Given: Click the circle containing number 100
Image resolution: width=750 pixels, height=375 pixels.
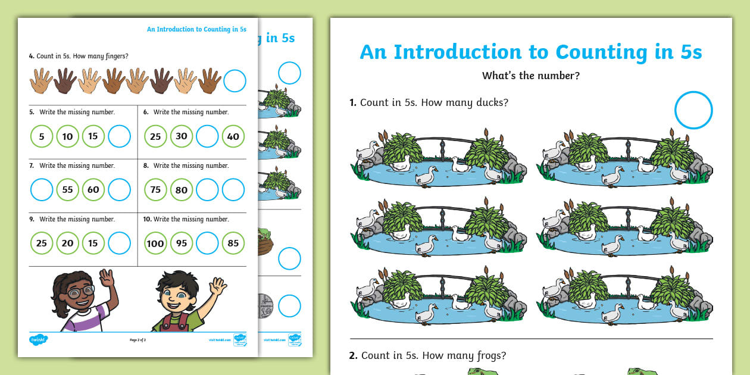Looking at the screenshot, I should (155, 243).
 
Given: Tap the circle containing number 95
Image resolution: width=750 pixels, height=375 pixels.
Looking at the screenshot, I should (182, 243).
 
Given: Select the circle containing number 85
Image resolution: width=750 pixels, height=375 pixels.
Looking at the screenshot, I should (233, 243).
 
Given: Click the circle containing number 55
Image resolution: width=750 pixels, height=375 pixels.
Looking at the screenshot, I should (67, 190).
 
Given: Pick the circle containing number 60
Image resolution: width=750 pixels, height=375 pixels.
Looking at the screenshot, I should (93, 190).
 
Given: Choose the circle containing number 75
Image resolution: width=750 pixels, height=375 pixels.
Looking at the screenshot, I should (155, 190).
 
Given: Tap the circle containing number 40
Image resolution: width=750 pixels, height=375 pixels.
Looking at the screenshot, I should (233, 136).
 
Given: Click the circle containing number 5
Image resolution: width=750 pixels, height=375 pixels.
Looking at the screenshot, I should (42, 136).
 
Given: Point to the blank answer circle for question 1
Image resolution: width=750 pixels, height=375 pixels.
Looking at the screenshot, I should (693, 110).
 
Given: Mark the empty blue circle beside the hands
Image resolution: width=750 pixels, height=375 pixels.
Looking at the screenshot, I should (235, 81).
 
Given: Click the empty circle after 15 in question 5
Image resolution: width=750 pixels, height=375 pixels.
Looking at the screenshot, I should (120, 136).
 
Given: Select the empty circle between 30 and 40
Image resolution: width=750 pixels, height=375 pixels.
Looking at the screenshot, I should (207, 136).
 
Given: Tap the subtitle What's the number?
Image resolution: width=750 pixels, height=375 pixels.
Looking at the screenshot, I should (530, 76).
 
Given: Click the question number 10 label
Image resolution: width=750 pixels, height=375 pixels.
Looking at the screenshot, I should (147, 219).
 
